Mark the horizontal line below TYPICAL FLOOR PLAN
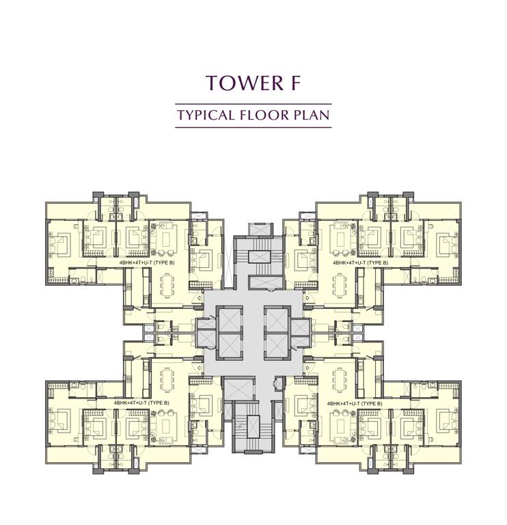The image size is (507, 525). pos(253,128)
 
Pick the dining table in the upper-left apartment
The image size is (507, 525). pos(166,285)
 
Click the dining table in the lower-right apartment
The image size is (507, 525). pos(340,380)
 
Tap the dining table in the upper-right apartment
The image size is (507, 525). pos(340,285)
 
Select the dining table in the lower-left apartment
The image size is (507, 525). pos(166,380)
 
